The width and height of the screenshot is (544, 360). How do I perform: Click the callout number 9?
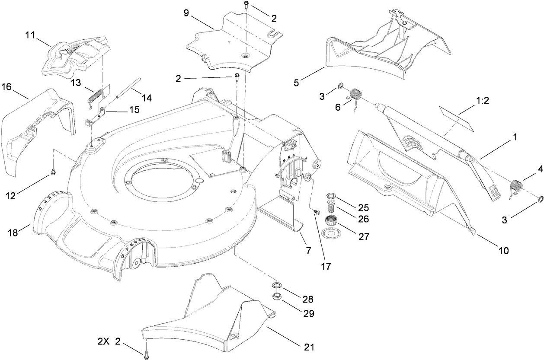pyautogui.click(x=186, y=13)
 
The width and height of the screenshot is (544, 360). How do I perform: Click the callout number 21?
pyautogui.click(x=309, y=347)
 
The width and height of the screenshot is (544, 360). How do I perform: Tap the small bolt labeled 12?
pyautogui.click(x=53, y=172)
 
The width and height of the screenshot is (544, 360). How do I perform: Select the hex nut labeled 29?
pyautogui.click(x=276, y=296)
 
